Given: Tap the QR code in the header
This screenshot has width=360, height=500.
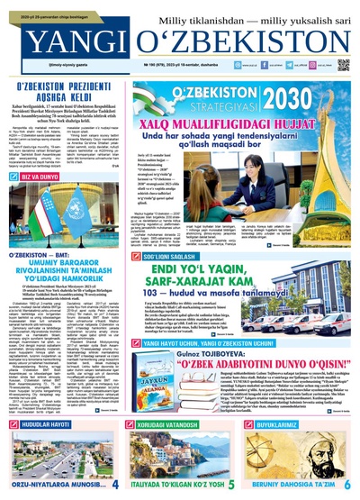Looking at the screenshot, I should (343, 65).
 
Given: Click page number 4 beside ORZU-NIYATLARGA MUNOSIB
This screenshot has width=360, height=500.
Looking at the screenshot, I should (114, 485).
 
